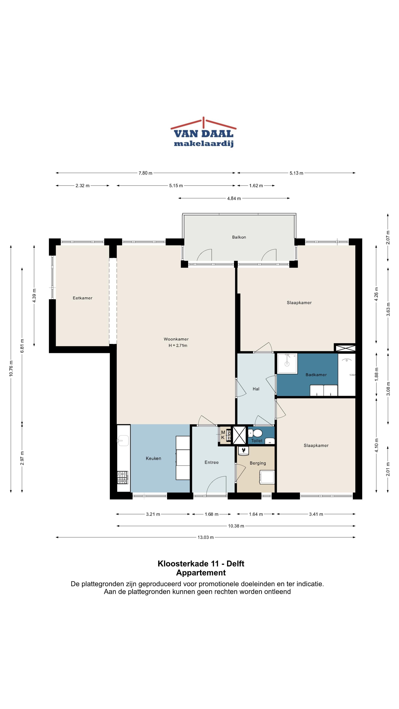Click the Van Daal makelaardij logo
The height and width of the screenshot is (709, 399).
204,132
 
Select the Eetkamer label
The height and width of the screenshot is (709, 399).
83,298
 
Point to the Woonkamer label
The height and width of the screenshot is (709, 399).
176,339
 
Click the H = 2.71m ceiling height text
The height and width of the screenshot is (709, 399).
178,345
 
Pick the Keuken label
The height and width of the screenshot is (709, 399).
153,458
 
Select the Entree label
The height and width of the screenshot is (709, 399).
212,462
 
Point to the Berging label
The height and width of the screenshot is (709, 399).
258,463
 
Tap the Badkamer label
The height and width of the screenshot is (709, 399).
316,375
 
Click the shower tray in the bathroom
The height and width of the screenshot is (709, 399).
287,364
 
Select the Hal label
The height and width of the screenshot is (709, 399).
256,389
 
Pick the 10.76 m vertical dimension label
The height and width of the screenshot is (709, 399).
11,369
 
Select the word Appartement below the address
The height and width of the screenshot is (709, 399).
201,573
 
